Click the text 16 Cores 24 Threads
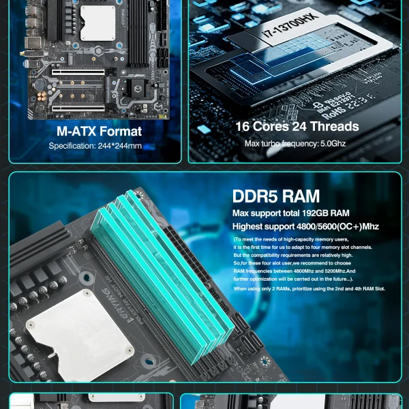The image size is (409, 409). click(297, 126)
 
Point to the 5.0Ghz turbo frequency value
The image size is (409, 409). click(333, 144)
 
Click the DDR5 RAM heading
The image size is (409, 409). click(275, 196)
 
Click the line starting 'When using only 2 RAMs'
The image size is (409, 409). click(309, 289)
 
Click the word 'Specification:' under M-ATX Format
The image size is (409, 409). click(70, 146)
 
